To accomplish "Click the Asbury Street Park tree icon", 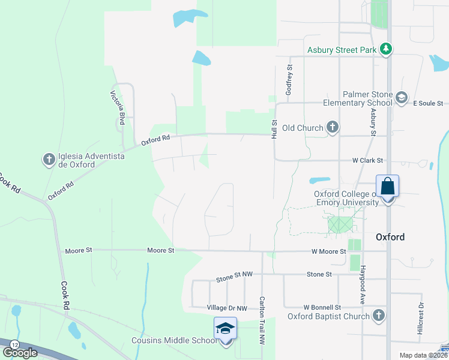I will coord(387,50).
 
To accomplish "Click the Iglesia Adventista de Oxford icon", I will coord(49,160).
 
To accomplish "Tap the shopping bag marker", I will coord(387,187).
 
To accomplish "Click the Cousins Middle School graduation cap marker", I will coord(226,329).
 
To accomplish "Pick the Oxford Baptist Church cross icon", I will coord(378,316).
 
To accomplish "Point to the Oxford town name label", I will coord(390,237).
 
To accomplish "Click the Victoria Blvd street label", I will coord(117,107).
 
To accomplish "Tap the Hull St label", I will coord(274,129).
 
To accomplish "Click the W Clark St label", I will coord(367,161).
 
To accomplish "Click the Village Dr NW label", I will coord(227,308).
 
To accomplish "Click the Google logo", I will coord(20,352).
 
